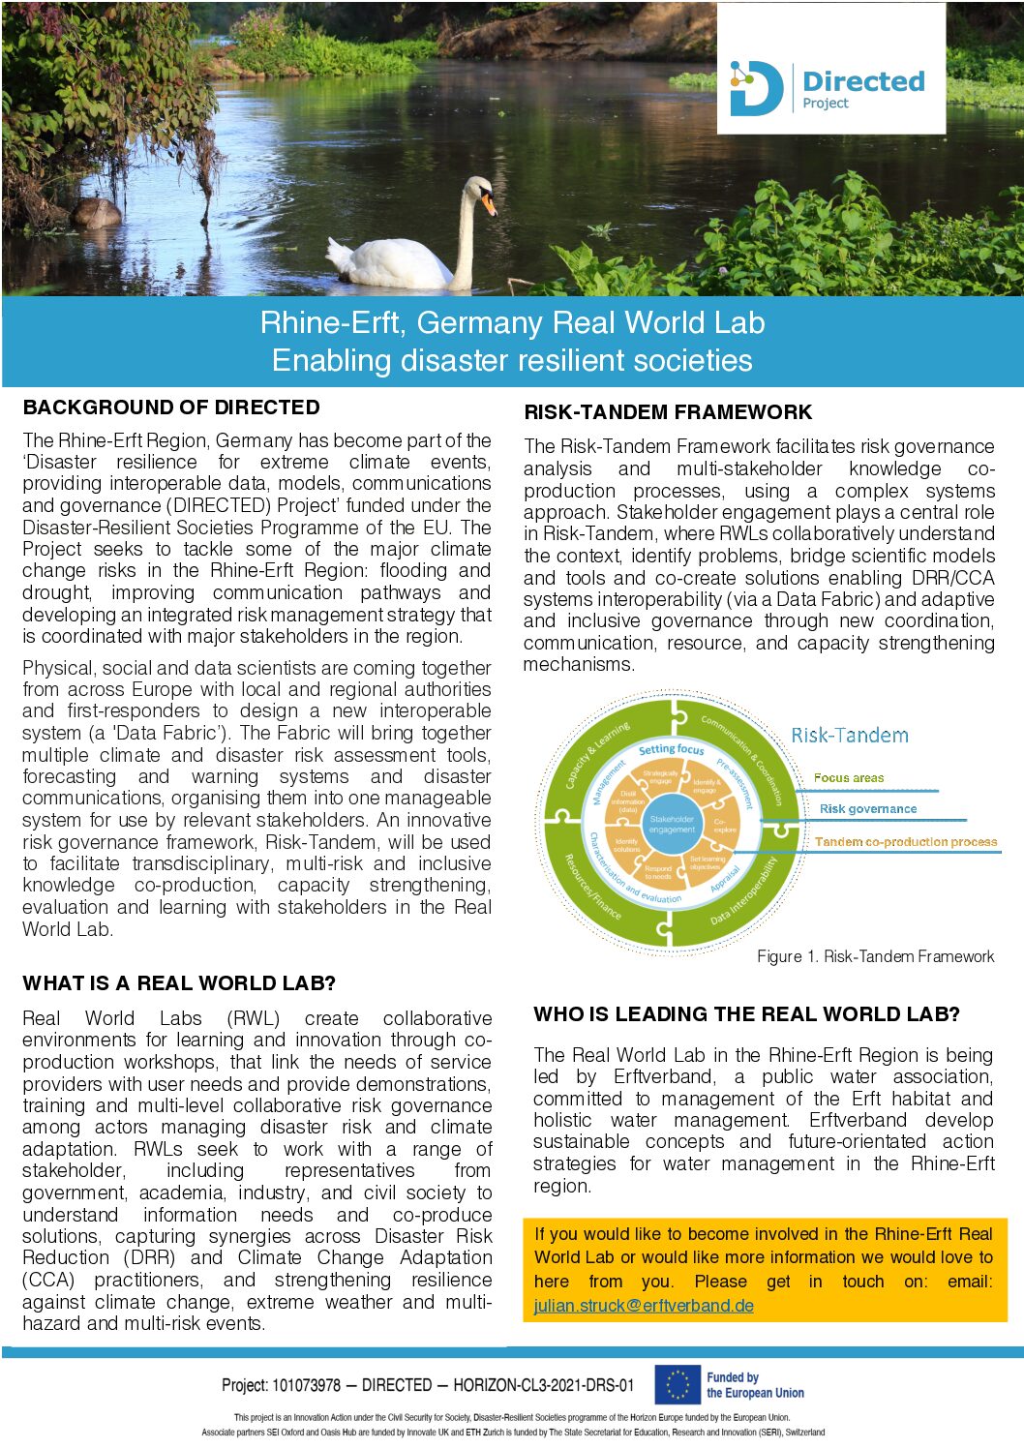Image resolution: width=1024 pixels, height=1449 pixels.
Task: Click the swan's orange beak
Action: coord(490,205)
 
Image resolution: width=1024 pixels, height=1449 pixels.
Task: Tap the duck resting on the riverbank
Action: coord(98,212)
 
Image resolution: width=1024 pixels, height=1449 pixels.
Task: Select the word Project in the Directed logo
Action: coord(825,104)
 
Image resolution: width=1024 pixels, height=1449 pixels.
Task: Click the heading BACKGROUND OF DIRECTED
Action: coord(171,408)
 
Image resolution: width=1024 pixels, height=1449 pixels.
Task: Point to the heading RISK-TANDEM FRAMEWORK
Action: coord(668,412)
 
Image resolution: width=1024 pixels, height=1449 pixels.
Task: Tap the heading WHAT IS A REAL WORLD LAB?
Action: coord(179,983)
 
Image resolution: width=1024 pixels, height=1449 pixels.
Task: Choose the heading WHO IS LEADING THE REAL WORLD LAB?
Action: coord(746,1014)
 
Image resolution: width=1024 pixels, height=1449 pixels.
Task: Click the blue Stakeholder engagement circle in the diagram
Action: coord(672,824)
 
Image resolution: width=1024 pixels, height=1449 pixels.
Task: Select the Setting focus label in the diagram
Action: coord(672,749)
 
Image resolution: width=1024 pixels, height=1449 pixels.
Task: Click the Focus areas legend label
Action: coord(849,777)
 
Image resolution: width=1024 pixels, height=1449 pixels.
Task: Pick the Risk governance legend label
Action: coord(868,809)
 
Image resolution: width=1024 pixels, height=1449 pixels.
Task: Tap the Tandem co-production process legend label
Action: coord(905,842)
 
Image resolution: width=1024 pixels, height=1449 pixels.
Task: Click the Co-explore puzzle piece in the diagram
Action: coord(722,826)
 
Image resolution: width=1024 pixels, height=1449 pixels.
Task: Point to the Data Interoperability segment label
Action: coord(743,891)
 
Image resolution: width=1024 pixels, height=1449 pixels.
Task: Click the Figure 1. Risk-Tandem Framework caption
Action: coord(875,956)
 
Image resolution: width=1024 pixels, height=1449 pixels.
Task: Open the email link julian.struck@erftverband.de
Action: coord(644,1305)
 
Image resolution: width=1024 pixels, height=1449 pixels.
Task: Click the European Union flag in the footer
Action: coord(677,1384)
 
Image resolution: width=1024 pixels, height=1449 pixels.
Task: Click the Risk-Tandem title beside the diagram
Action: coord(850,736)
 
